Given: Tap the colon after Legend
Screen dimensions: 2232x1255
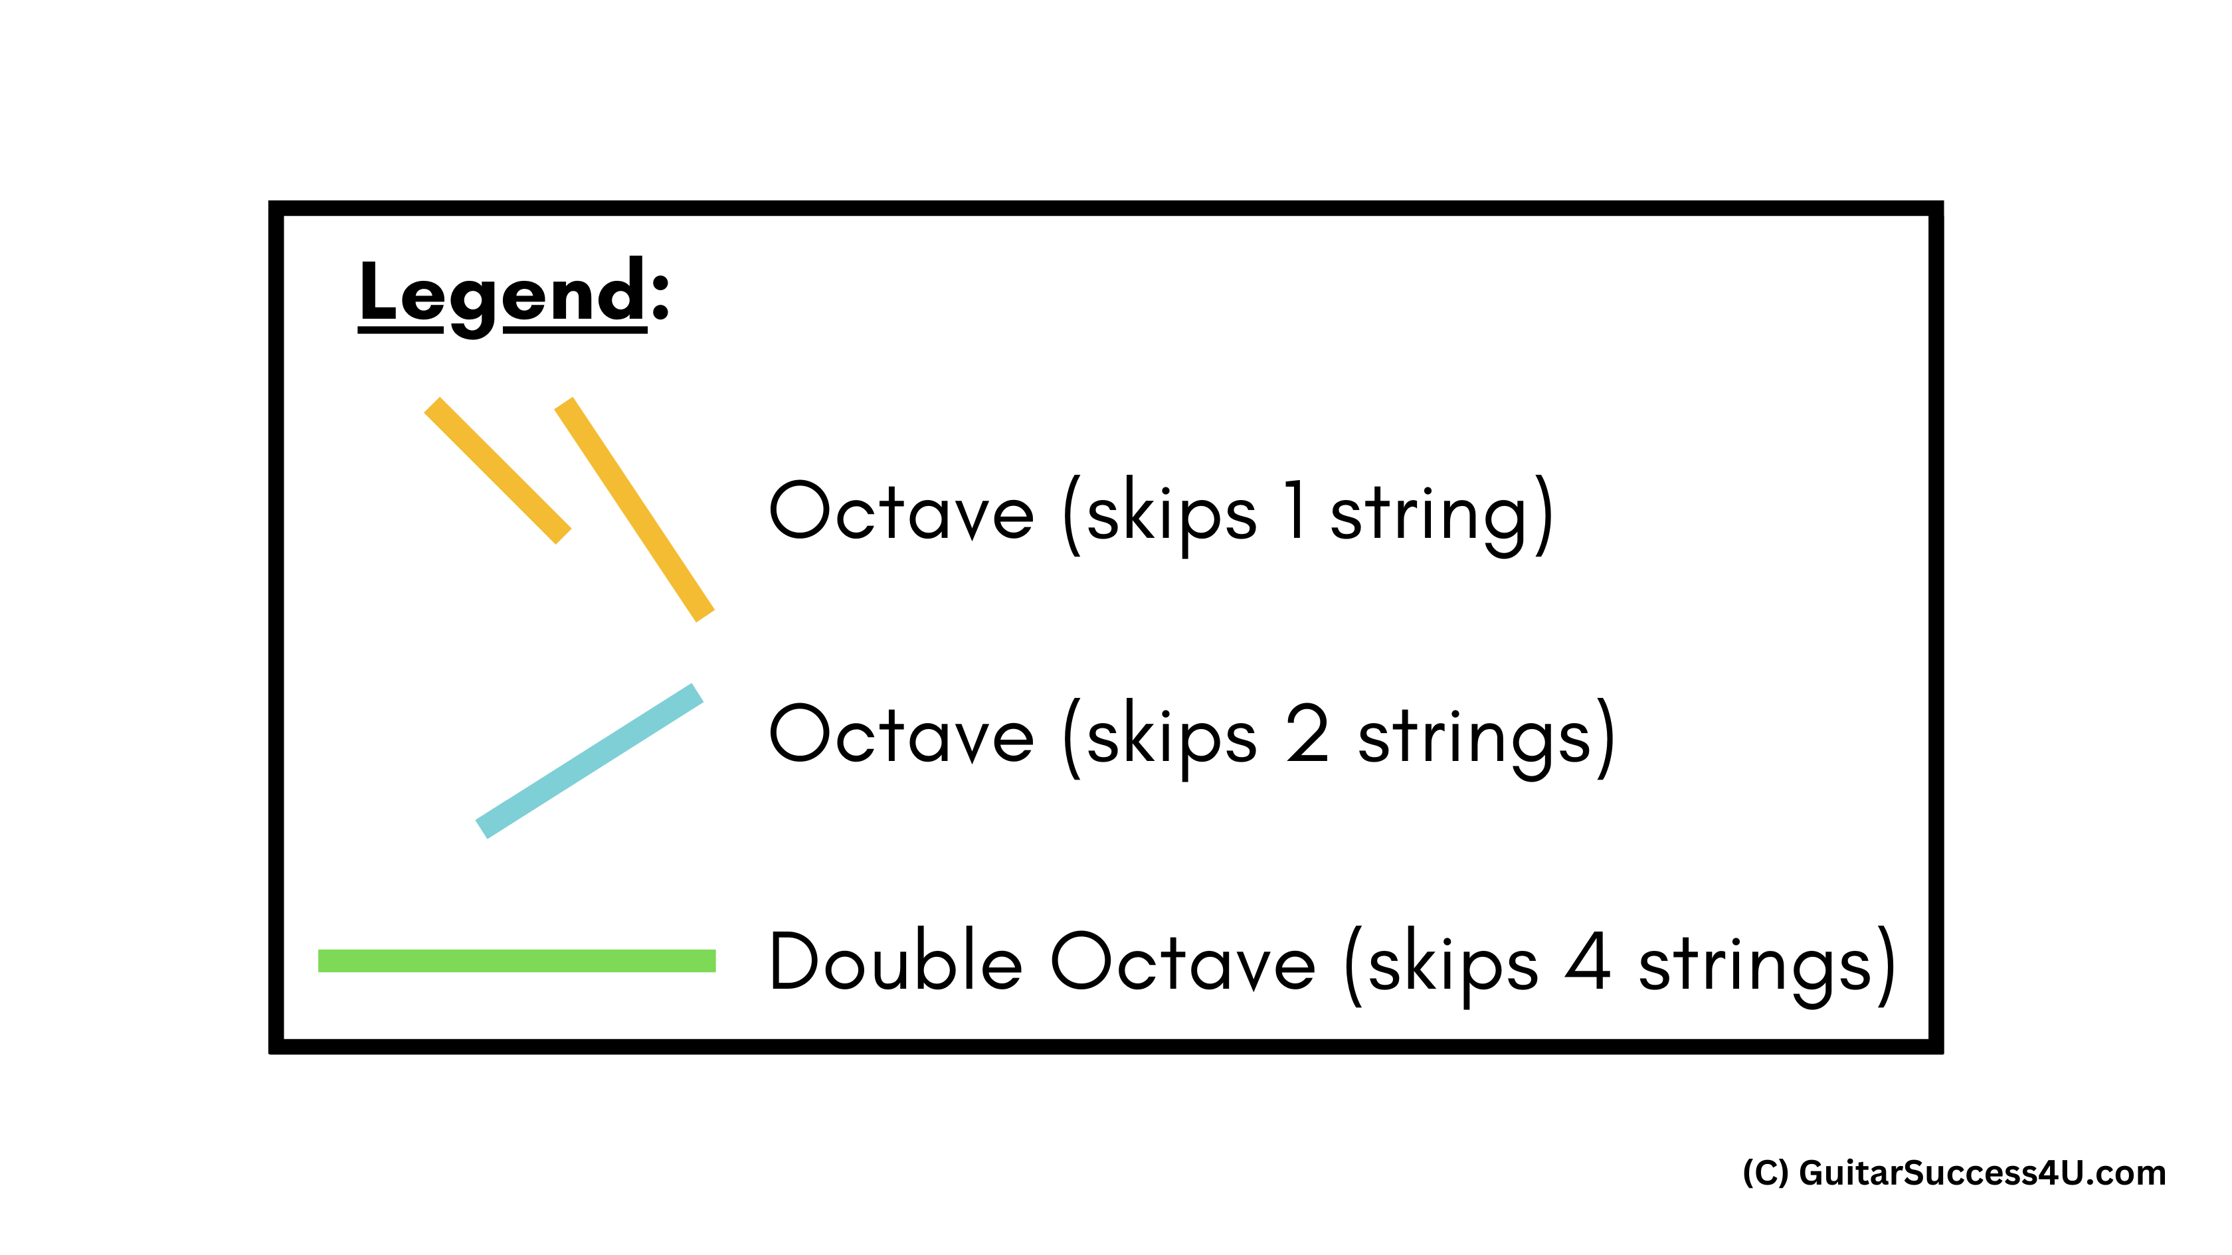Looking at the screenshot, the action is tap(660, 295).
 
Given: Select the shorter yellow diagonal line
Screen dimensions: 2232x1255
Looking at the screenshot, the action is tap(498, 470).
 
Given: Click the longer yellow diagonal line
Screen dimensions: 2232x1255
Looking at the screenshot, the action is tap(634, 509).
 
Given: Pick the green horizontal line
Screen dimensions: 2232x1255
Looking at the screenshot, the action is tap(516, 961).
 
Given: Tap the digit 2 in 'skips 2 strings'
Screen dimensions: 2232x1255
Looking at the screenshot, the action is tap(1307, 734).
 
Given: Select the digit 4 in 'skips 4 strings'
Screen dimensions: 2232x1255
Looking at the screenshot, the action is tap(1588, 961).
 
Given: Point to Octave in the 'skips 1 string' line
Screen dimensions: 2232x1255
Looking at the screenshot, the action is tap(901, 511).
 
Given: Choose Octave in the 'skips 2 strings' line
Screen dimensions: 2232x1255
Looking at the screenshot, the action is tap(901, 734).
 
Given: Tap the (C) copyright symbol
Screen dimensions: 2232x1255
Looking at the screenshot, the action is tap(1765, 1173).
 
